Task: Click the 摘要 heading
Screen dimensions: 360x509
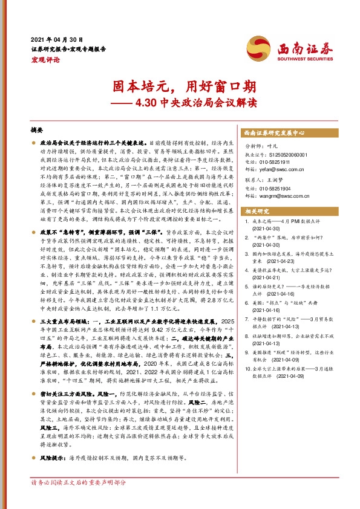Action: tap(38, 131)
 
